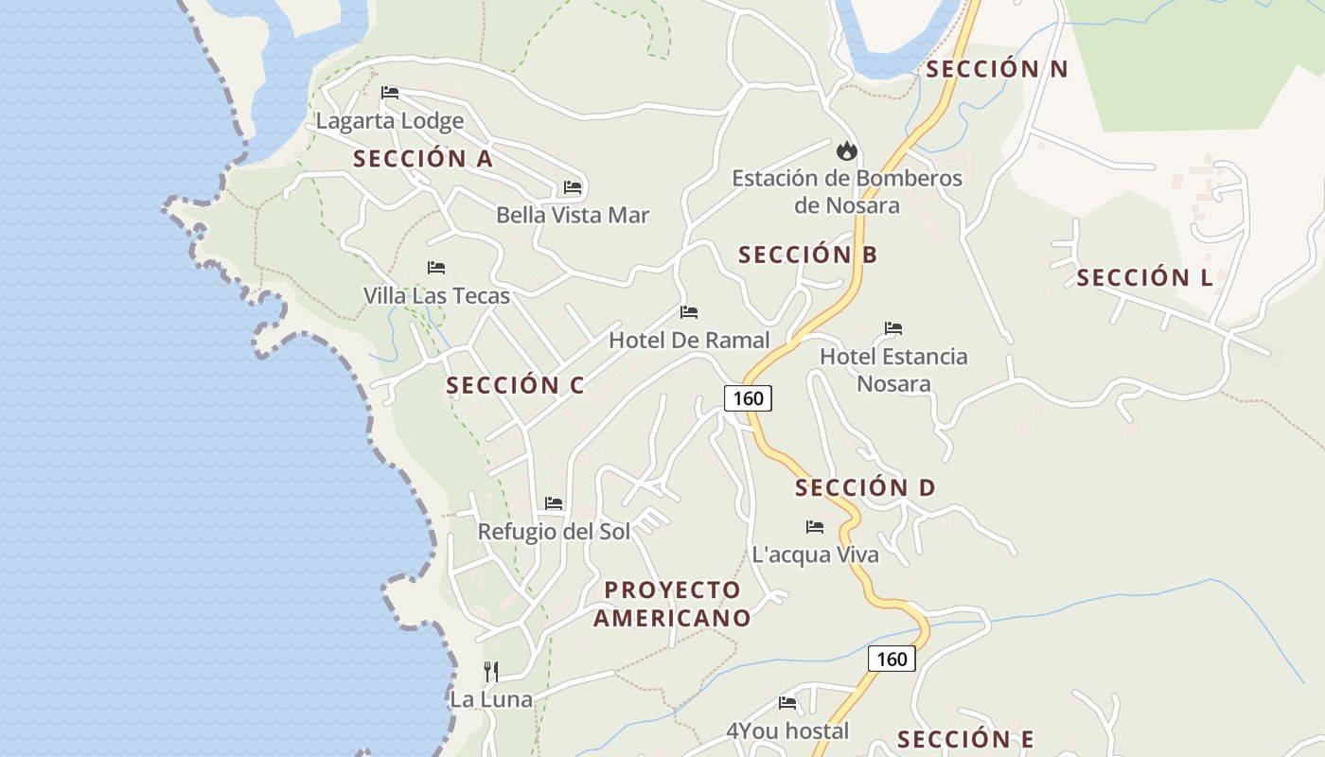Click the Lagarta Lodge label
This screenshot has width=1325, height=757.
coord(390,121)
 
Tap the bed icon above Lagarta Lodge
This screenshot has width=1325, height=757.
coord(390,93)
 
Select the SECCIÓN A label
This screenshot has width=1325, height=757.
coord(423,159)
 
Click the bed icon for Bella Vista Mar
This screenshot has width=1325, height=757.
coord(573,187)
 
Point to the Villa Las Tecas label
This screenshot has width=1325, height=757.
coord(436,296)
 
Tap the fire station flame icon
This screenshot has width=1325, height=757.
coord(846,150)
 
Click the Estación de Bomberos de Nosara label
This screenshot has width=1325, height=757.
coord(847,191)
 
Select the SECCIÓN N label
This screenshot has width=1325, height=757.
coord(997,69)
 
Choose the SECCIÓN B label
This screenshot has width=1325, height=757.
coord(807,255)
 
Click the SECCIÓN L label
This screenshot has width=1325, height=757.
coord(1144,278)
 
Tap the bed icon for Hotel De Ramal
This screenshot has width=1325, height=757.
coord(689,312)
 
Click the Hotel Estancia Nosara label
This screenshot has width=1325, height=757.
coord(893,370)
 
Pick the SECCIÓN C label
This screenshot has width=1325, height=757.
coord(515,386)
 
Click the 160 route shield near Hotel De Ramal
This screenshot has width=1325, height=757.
coord(748,398)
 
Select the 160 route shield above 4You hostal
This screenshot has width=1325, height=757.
coord(892,659)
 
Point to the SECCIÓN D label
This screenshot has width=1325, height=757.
coord(865,488)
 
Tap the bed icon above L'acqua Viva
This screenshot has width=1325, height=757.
coord(815,527)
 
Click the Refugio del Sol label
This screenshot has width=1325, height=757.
coord(554,532)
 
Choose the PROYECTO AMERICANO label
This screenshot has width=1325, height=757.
coord(672,604)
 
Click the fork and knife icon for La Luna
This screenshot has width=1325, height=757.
coord(491,672)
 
